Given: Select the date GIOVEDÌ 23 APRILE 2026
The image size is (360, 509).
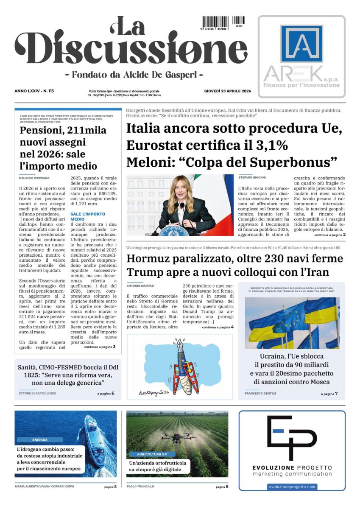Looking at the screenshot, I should pos(227,91).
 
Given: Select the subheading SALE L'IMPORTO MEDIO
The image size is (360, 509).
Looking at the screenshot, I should pos(88,217).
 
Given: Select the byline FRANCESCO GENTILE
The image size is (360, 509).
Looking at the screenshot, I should pos(260,394).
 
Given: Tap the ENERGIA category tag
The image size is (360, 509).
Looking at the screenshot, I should pos(40,440).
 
